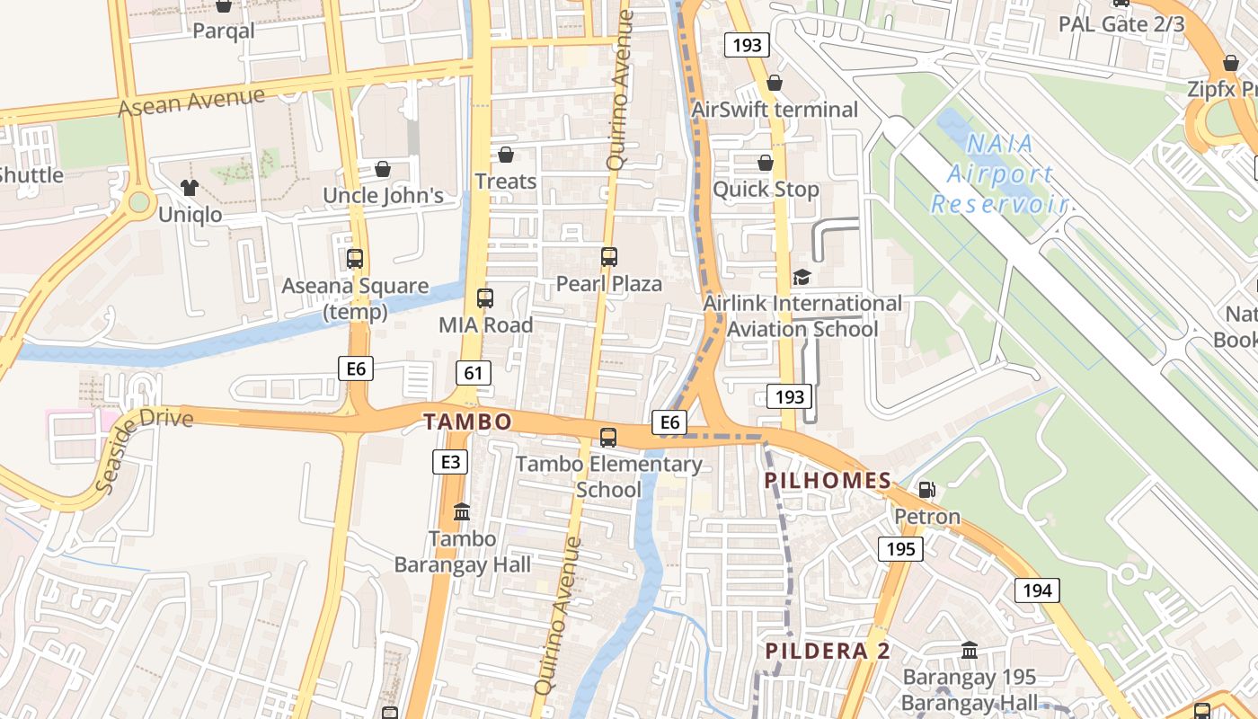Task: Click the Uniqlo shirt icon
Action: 189,187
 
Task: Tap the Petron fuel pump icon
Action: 926,490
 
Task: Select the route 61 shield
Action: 473,372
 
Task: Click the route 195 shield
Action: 900,548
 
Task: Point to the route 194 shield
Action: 1037,590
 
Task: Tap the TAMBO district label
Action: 467,422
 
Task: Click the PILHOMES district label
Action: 828,481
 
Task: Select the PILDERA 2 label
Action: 828,651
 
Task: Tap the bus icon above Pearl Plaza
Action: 609,257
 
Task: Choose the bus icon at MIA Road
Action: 485,298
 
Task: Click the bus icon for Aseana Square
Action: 355,259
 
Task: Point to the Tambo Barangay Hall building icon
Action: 462,512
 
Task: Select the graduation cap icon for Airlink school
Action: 801,277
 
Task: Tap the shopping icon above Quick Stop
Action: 766,163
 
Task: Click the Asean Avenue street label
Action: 191,102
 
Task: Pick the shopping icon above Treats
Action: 506,155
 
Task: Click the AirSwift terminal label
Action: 775,110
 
